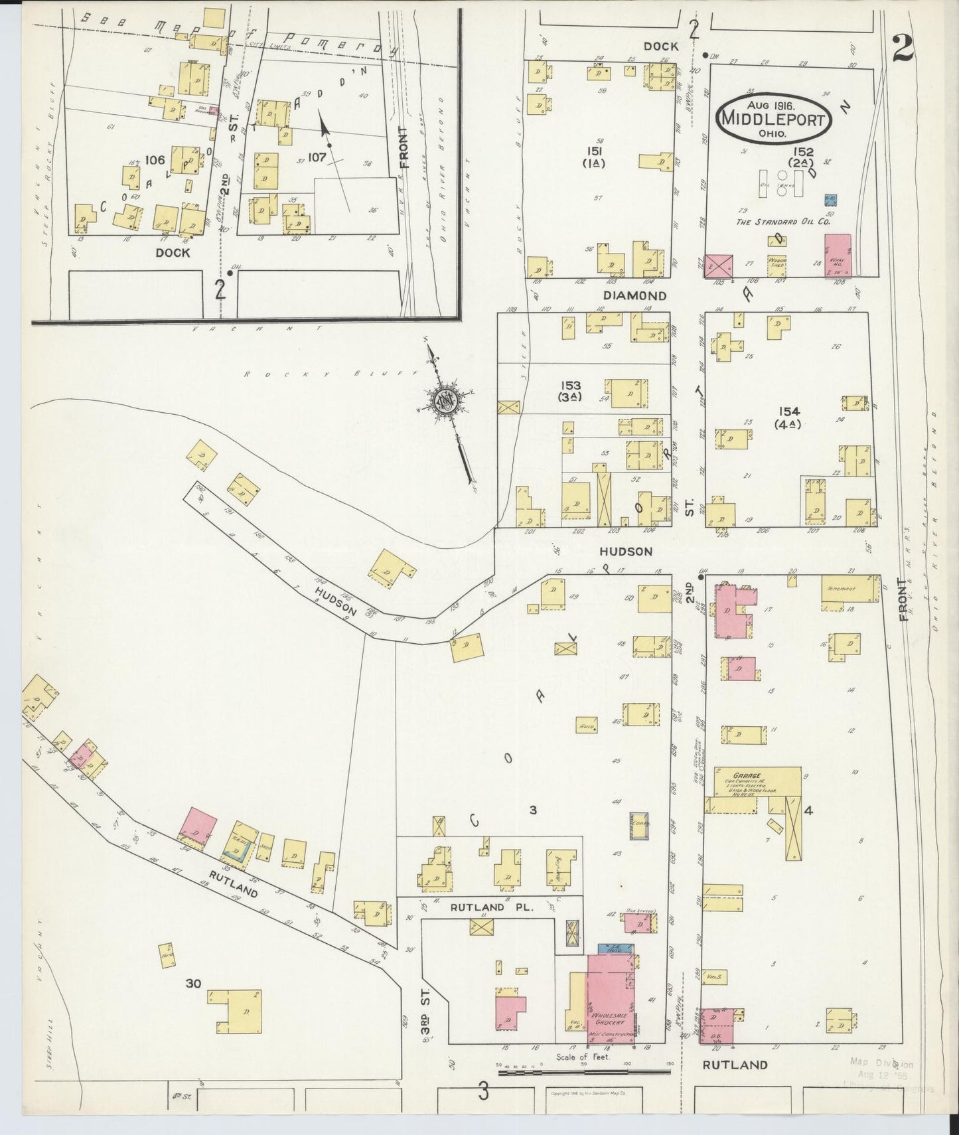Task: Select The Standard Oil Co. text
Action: (x=782, y=222)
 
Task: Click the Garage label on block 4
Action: (x=747, y=775)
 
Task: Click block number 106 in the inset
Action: (x=155, y=159)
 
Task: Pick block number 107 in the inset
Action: (x=317, y=157)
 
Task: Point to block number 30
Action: (x=193, y=983)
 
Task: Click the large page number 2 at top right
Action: (x=903, y=48)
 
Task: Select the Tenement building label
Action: (x=841, y=589)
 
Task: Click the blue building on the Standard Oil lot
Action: (x=830, y=199)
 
